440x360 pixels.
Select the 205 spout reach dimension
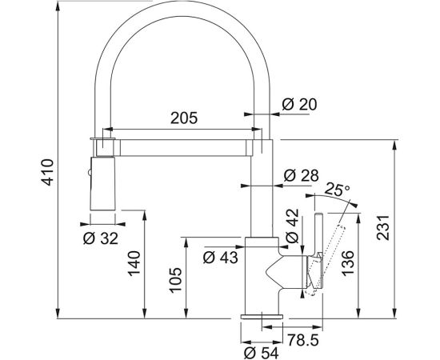pyautogui.click(x=184, y=118)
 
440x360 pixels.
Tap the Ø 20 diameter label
pyautogui.click(x=299, y=104)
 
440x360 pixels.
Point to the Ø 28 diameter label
pyautogui.click(x=301, y=176)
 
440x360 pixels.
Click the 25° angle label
pyautogui.click(x=338, y=190)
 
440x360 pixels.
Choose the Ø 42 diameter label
pyautogui.click(x=293, y=226)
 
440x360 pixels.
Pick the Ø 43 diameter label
pyautogui.click(x=220, y=258)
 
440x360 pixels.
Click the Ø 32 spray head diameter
pyautogui.click(x=101, y=238)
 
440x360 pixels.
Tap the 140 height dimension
pyautogui.click(x=134, y=263)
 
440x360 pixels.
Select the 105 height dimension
pyautogui.click(x=176, y=280)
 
